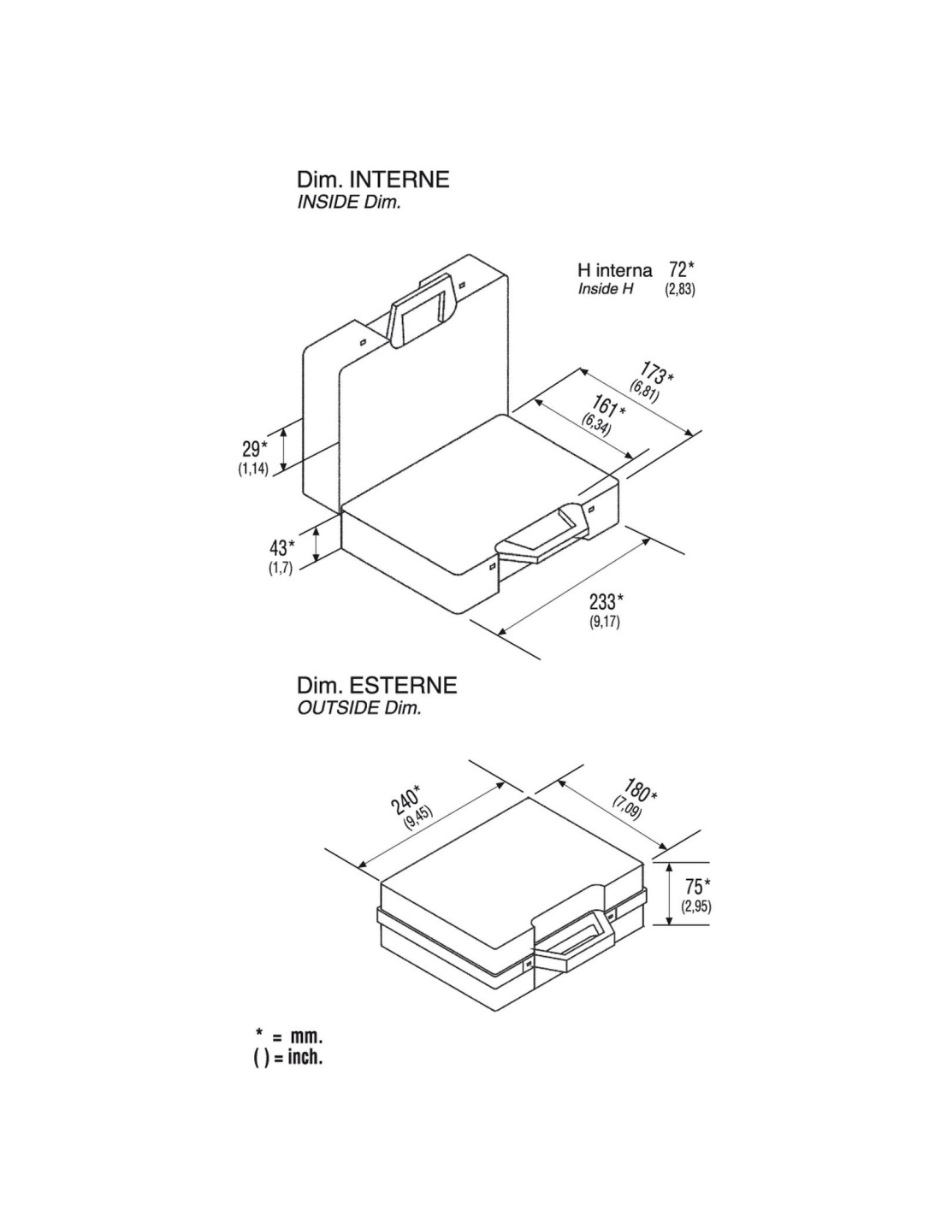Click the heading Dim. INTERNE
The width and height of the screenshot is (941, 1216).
[x=373, y=180]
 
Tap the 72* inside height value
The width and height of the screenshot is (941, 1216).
[x=681, y=270]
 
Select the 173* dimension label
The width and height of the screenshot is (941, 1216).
[x=657, y=373]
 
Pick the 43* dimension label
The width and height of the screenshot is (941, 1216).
[x=282, y=546]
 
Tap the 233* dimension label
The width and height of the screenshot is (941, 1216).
[x=606, y=602]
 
